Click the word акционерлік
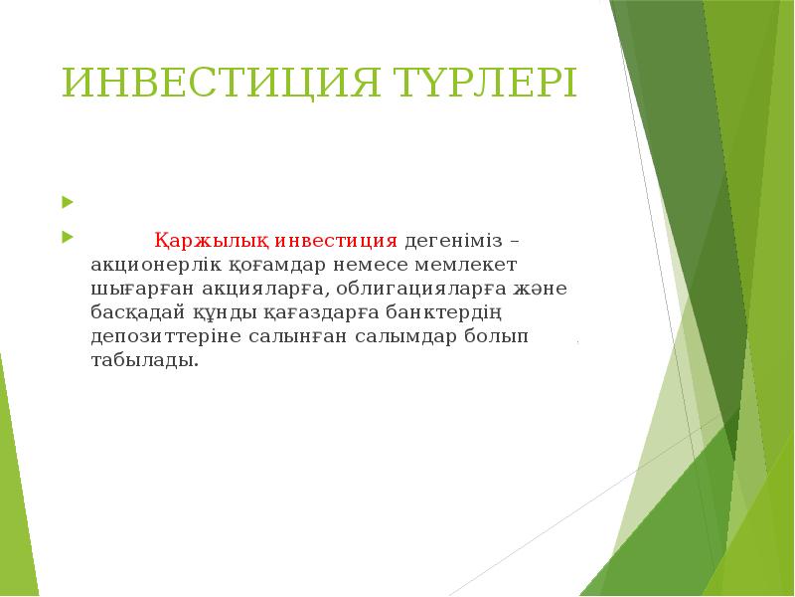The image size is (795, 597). pos(151,266)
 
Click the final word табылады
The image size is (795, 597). pos(143,360)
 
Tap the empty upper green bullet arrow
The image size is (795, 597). pos(67,203)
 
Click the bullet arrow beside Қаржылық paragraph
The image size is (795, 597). pos(67,239)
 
